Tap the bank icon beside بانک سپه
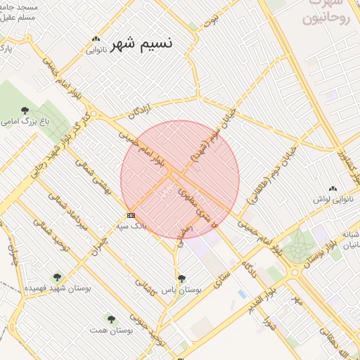pyautogui.click(x=131, y=215)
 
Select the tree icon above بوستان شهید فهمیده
pyautogui.click(x=57, y=277)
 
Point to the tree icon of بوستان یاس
pyautogui.click(x=182, y=278)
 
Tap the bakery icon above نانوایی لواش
pyautogui.click(x=333, y=189)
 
